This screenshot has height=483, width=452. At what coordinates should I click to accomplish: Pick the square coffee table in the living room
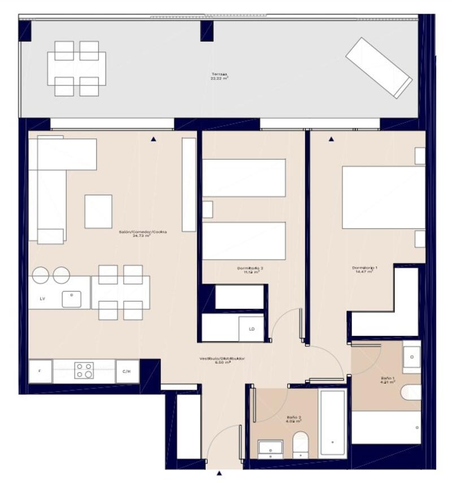98,211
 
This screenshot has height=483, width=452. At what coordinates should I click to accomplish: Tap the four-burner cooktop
84,370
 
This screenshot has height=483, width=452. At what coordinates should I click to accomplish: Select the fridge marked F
40,371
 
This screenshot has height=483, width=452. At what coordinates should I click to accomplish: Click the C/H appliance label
127,371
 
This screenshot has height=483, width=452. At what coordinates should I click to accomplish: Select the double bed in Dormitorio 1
383,197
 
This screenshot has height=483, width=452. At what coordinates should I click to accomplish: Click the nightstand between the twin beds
207,209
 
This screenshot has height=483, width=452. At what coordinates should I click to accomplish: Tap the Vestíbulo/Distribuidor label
215,360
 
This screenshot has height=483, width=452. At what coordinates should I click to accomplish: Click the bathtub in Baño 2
332,422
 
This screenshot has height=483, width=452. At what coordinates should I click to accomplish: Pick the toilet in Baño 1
411,391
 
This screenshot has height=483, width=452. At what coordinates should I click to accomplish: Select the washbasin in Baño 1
411,357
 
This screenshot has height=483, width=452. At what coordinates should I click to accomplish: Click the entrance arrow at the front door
219,473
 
